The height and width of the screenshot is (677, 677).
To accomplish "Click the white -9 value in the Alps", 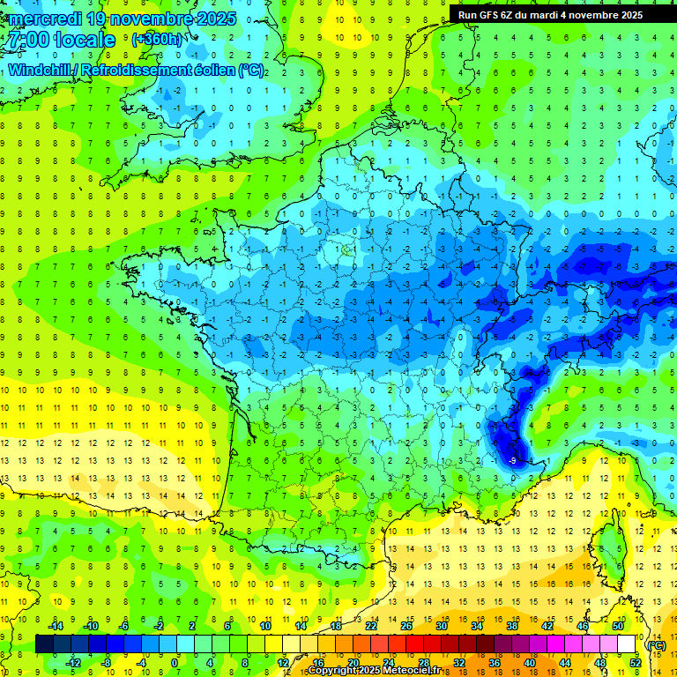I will [513, 460].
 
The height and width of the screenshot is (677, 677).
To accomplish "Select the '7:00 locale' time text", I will [60, 41].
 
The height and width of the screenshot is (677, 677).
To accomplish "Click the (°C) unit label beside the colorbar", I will [656, 644].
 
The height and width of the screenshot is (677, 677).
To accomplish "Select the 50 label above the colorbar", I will [617, 625].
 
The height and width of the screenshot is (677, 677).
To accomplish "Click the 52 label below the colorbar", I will [636, 663].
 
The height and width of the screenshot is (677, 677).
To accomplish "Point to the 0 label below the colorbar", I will [175, 663].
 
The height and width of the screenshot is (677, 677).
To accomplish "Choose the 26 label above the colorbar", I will [405, 625].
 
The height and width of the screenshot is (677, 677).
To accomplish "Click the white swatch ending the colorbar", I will [627, 644].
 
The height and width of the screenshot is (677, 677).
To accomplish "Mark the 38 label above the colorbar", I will [511, 625].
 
